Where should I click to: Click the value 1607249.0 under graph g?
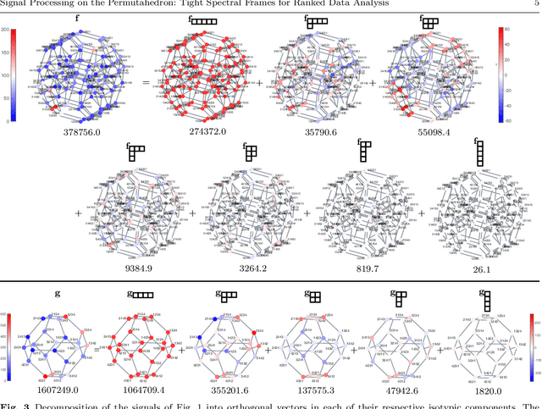[x=58, y=391]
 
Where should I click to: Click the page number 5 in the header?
[x=537, y=4]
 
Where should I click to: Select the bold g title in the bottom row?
[x=58, y=293]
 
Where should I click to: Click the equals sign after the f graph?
[x=146, y=82]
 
